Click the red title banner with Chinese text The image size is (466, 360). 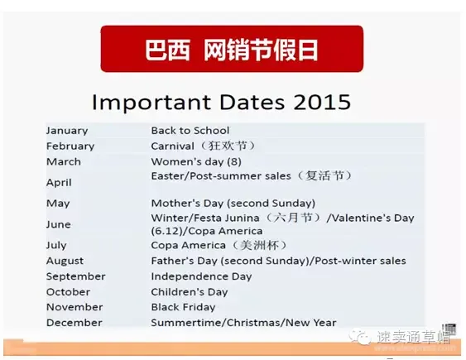coord(232,49)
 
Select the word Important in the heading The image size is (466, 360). coord(151,103)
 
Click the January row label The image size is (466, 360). coord(67,131)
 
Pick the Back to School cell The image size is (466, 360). coord(190,131)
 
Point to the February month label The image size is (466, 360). coord(70,146)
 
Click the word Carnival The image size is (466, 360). coord(173,146)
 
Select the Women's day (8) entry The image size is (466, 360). coord(196,161)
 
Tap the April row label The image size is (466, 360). coord(59,182)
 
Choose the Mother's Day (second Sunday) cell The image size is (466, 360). coord(233,203)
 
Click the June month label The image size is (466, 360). coord(58,224)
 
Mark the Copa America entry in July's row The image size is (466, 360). coord(188,245)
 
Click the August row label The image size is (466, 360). coord(65,261)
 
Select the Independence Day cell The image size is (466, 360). coord(201,276)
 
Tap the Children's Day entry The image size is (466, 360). coord(190,292)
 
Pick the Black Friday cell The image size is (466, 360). coord(183,307)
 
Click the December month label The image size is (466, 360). coord(74,323)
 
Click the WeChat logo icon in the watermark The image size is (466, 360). coord(360,337)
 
